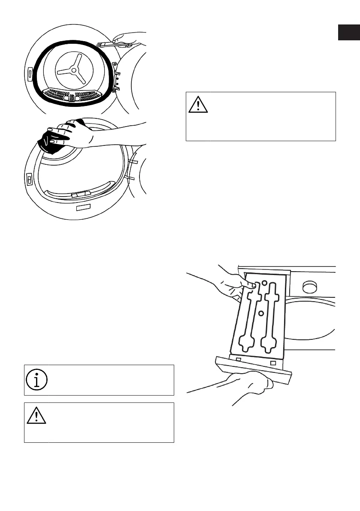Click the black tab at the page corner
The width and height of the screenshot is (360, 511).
point(348,33)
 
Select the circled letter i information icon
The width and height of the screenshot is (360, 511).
point(36,379)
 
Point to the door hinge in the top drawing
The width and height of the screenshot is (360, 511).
point(115,77)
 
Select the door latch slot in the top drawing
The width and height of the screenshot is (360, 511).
point(29,74)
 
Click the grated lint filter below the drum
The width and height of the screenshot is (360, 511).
point(74,95)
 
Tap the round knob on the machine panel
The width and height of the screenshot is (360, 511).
point(310,287)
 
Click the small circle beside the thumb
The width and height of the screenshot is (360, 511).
point(265,283)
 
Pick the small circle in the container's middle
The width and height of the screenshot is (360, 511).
point(260,314)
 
